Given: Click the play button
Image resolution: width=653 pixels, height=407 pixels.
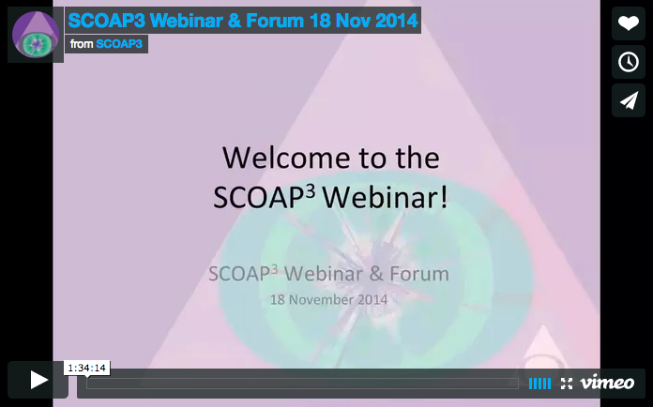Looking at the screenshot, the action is tap(38, 380).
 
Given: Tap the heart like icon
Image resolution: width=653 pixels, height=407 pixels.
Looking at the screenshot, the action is tap(628, 23).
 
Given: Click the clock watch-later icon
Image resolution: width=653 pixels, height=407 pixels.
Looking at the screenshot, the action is tap(628, 62).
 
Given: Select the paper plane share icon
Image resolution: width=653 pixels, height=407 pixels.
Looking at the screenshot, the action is tap(628, 100).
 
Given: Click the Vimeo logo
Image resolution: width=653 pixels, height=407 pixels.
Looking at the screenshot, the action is tap(607, 383).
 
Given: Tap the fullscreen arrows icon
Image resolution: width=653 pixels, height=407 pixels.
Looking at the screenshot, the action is tap(567, 384).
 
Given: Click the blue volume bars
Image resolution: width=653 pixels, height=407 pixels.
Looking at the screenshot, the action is tap(539, 384).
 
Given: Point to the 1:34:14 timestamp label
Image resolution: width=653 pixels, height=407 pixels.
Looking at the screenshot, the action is tap(86, 368).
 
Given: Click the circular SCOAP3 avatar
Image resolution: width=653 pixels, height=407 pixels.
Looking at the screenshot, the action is tap(36, 34).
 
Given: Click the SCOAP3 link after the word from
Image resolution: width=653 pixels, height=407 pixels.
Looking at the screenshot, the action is tap(119, 44).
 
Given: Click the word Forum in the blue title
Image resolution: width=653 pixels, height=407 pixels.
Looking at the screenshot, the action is tap(275, 21).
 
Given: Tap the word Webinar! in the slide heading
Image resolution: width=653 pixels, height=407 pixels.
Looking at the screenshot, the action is tap(386, 197).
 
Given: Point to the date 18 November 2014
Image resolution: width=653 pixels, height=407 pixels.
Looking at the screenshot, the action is tap(328, 300).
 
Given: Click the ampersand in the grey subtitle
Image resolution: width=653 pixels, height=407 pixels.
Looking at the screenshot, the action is tap(376, 274).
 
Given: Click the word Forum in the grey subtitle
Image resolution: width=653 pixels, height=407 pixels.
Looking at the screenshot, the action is tap(419, 274).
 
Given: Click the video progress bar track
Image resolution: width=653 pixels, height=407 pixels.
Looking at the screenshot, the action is tap(302, 384).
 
